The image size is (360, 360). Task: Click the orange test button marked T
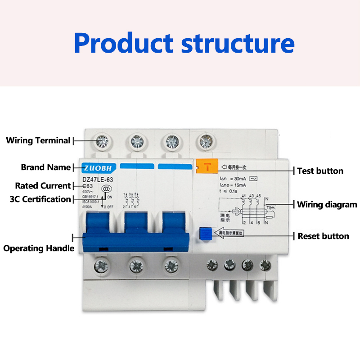tap(207, 166)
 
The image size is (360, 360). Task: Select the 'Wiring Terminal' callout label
tap(38, 140)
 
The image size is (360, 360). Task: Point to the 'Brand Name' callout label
tap(46, 167)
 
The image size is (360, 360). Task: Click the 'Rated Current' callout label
tap(43, 185)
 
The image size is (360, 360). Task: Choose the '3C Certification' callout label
tap(40, 199)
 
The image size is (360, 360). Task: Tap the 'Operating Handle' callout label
tap(39, 248)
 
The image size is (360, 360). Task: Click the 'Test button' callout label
tap(320, 171)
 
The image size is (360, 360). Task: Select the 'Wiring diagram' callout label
tap(327, 205)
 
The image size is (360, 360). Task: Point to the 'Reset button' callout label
tap(323, 236)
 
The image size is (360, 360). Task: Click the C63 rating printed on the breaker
tap(88, 186)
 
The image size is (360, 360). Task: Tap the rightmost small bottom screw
tap(265, 265)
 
